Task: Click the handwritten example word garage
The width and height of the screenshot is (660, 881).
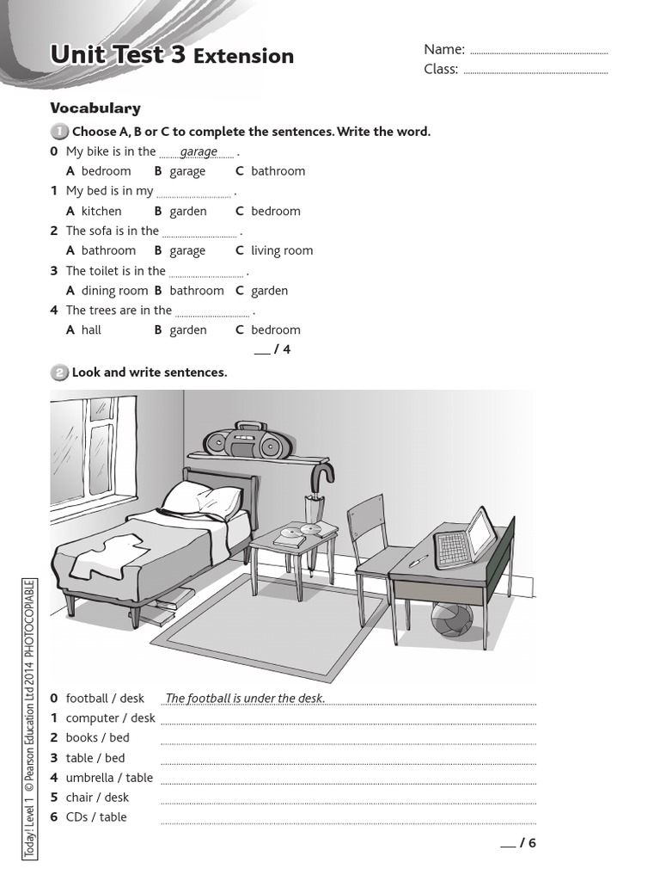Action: pos(199,151)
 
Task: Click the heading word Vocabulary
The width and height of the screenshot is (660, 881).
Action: pos(95,108)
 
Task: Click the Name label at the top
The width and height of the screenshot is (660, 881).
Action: pos(444,49)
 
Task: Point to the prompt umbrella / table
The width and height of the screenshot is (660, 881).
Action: pos(108,778)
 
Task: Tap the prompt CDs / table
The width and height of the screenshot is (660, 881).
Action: pos(95,817)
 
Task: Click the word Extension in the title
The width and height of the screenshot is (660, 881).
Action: pos(244,57)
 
